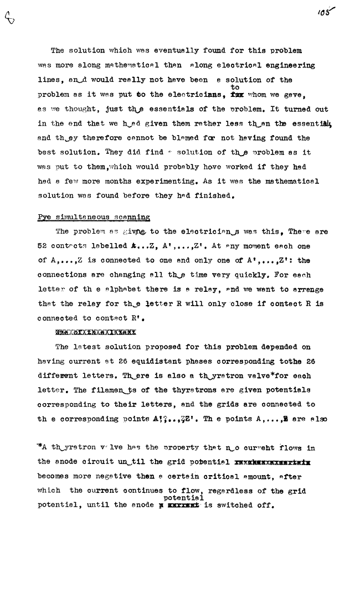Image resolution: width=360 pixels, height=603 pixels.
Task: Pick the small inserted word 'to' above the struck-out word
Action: click(235, 87)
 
